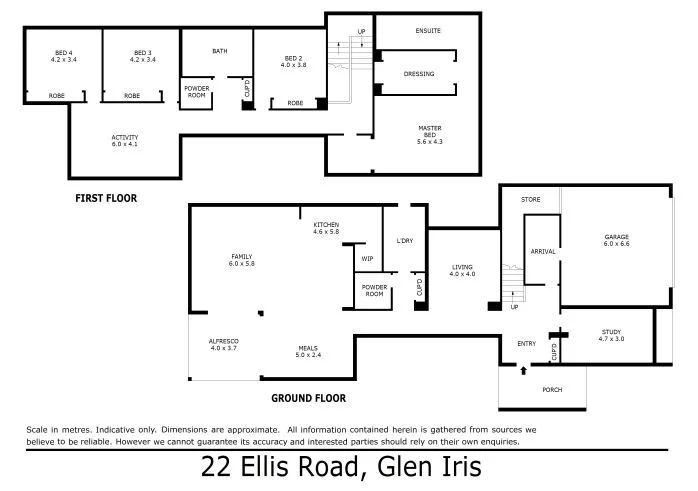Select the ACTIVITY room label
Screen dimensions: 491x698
pos(125,137)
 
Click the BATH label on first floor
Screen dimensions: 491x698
pos(220,51)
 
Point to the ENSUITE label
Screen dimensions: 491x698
pos(428,31)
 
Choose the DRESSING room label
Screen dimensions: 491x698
pos(419,74)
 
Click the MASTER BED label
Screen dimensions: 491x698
pos(430,131)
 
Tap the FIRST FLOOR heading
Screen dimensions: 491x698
pos(106,198)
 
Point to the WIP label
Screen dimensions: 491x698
pos(367,258)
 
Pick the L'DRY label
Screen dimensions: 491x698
pos(405,240)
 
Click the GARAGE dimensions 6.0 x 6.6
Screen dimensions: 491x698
pos(616,243)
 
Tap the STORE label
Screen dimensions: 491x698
pos(530,200)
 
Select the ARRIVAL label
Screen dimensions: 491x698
pos(543,251)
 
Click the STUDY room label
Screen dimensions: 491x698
pos(611,332)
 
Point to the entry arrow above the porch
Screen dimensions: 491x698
pos(523,370)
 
